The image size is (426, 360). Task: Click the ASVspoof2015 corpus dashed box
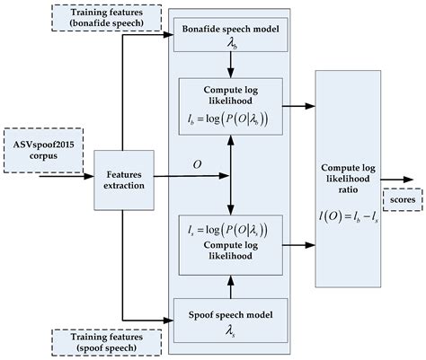39,147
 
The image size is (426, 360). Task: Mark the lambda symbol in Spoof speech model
232,331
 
